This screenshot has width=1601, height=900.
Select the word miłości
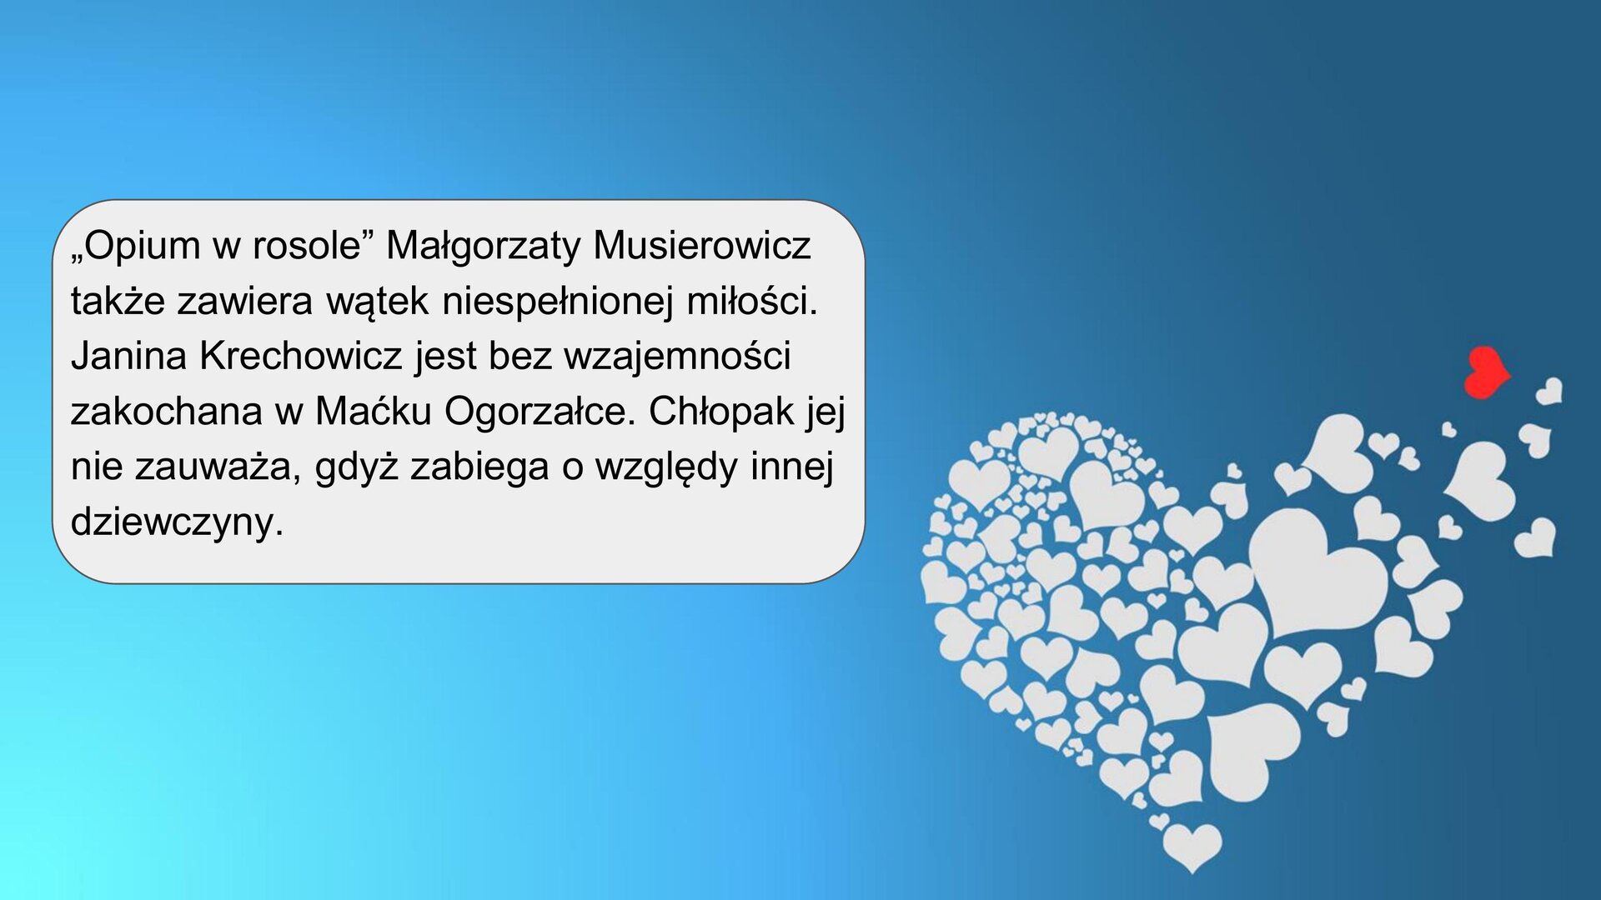(751, 301)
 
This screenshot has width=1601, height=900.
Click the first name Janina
(128, 357)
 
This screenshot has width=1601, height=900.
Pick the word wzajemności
(677, 357)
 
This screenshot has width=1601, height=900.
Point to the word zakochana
(166, 412)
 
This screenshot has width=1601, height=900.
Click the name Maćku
(373, 412)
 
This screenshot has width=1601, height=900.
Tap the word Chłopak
(721, 412)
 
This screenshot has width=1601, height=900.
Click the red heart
(1485, 372)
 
